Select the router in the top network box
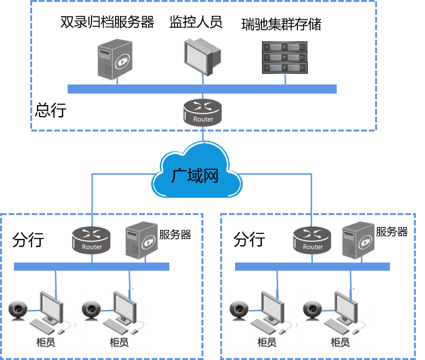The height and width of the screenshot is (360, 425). pos(203,112)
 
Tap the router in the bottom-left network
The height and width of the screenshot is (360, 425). pos(92,240)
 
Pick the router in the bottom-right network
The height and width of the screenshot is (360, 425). pos(313,240)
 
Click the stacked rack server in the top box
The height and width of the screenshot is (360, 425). pos(284,57)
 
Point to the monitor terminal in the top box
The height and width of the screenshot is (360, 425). pos(203,57)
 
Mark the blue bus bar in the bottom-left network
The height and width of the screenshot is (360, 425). pos(91,266)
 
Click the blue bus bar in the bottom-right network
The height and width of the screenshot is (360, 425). pos(312,266)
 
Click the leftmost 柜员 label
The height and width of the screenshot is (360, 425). pos(45,342)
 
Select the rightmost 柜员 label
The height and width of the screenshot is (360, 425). pos(340,342)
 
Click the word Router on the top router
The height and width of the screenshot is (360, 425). pos(203,119)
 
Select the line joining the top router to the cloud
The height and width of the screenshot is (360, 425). pos(203,134)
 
